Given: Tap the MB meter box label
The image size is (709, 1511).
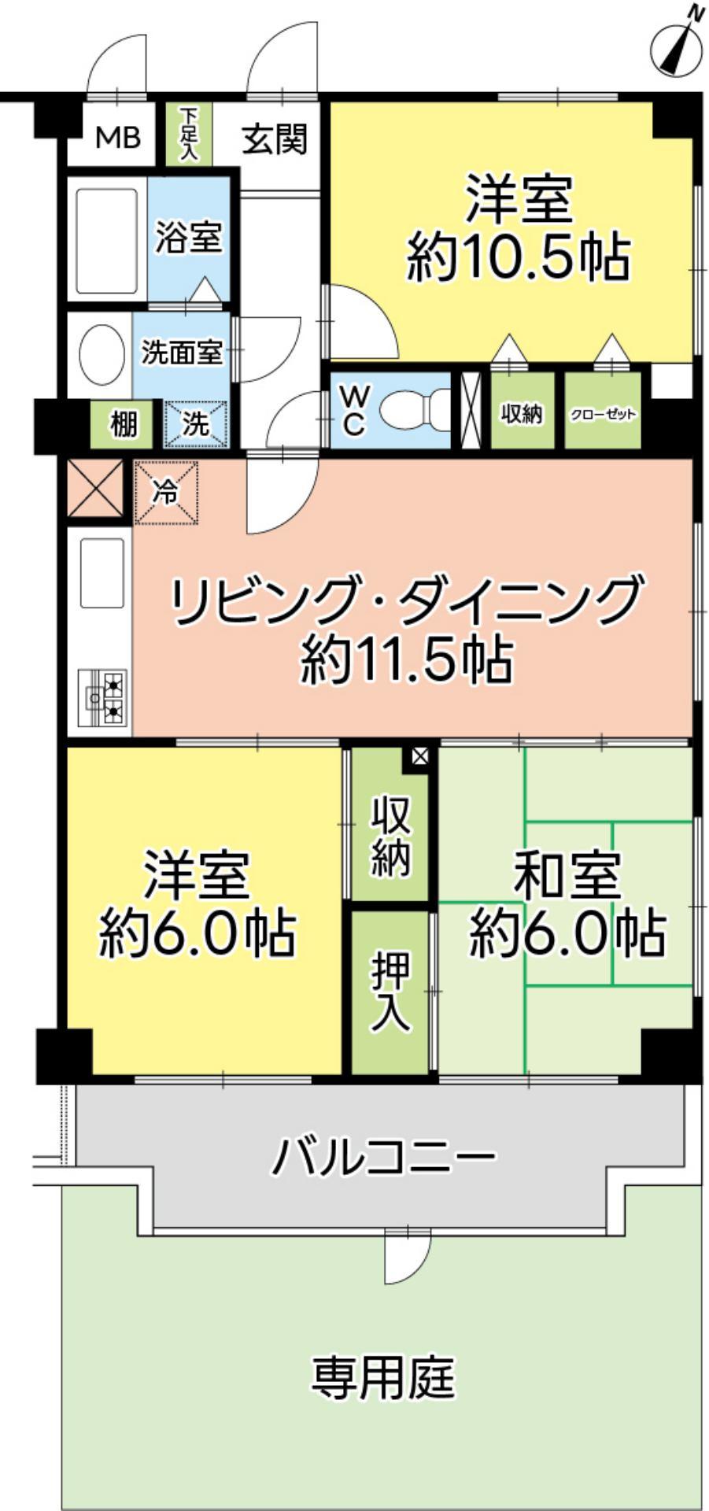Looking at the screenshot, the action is (117, 138).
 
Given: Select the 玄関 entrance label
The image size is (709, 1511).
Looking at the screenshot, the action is (274, 139).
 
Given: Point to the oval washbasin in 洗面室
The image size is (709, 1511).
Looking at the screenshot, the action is (102, 356).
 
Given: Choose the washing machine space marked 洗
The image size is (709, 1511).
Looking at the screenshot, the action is (196, 424).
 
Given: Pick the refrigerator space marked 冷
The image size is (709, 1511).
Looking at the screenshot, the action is (166, 493).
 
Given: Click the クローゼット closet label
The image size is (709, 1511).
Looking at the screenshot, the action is (603, 413).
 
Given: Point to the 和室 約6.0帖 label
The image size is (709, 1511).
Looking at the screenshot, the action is (567, 904).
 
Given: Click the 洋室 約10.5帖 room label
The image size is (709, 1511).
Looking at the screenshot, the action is (518, 228).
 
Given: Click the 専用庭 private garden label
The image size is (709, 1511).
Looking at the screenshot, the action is (383, 1376).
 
